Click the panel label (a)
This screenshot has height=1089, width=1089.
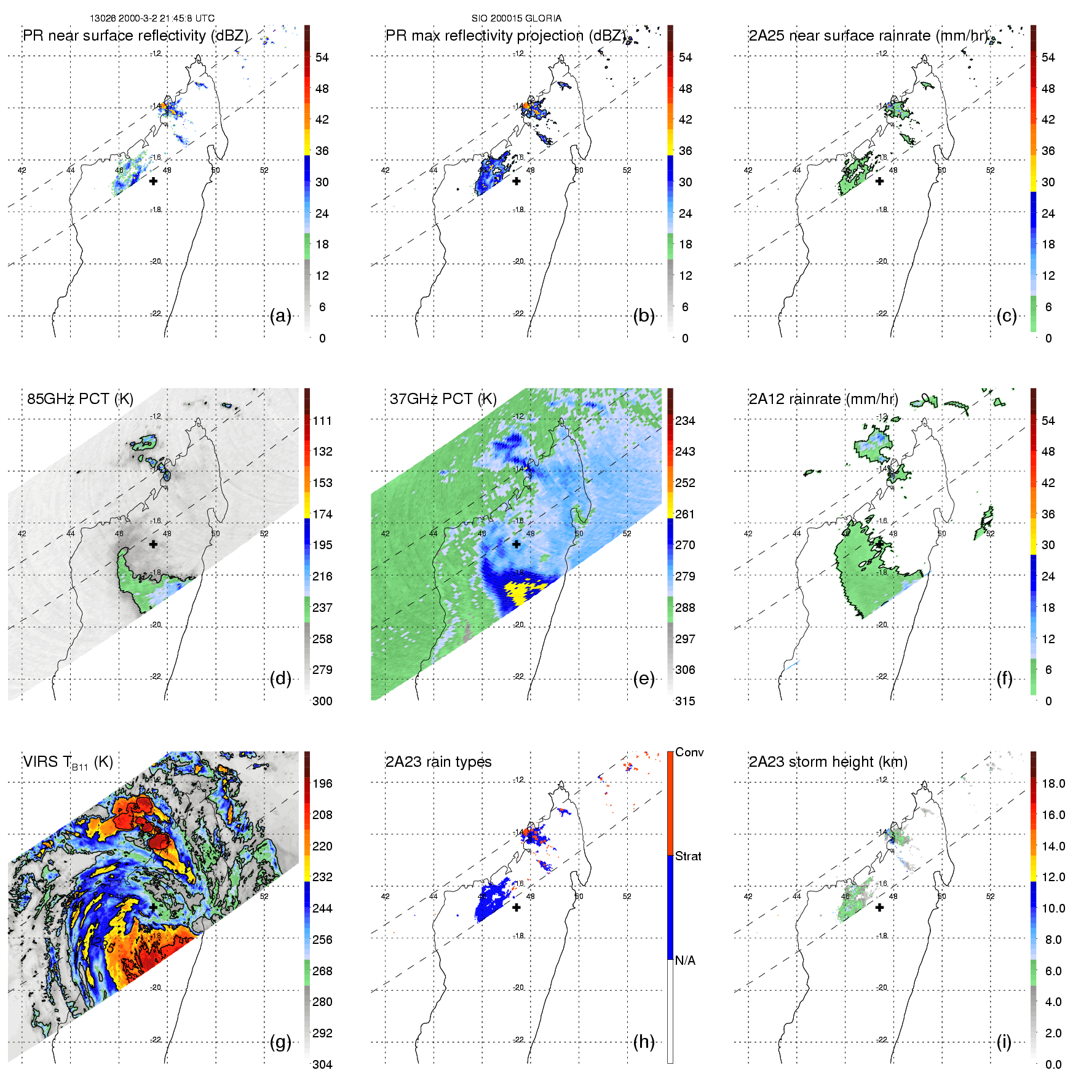(280, 316)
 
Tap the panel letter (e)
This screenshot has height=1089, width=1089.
(643, 679)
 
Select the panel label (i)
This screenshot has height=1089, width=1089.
(1004, 1042)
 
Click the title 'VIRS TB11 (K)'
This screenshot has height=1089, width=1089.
(68, 762)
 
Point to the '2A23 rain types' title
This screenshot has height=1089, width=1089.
(438, 762)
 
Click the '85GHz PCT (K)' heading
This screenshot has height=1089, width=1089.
(80, 399)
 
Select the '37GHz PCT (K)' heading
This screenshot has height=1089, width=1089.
(443, 399)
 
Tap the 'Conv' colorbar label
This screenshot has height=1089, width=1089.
(689, 752)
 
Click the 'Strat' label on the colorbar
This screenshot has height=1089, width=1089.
(688, 856)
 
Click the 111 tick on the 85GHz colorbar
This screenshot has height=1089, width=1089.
(322, 421)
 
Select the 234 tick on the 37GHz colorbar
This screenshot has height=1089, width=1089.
(685, 421)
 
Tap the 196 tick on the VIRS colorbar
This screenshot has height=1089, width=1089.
(322, 783)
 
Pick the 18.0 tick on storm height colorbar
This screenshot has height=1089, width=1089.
(1053, 783)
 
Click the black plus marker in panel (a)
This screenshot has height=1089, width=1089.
(153, 181)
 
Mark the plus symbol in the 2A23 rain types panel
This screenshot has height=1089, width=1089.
(517, 907)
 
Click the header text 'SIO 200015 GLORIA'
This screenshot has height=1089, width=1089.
(517, 18)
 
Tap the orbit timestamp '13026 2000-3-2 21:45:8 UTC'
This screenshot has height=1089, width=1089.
(152, 18)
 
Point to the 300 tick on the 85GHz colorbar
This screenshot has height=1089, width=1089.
(322, 701)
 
